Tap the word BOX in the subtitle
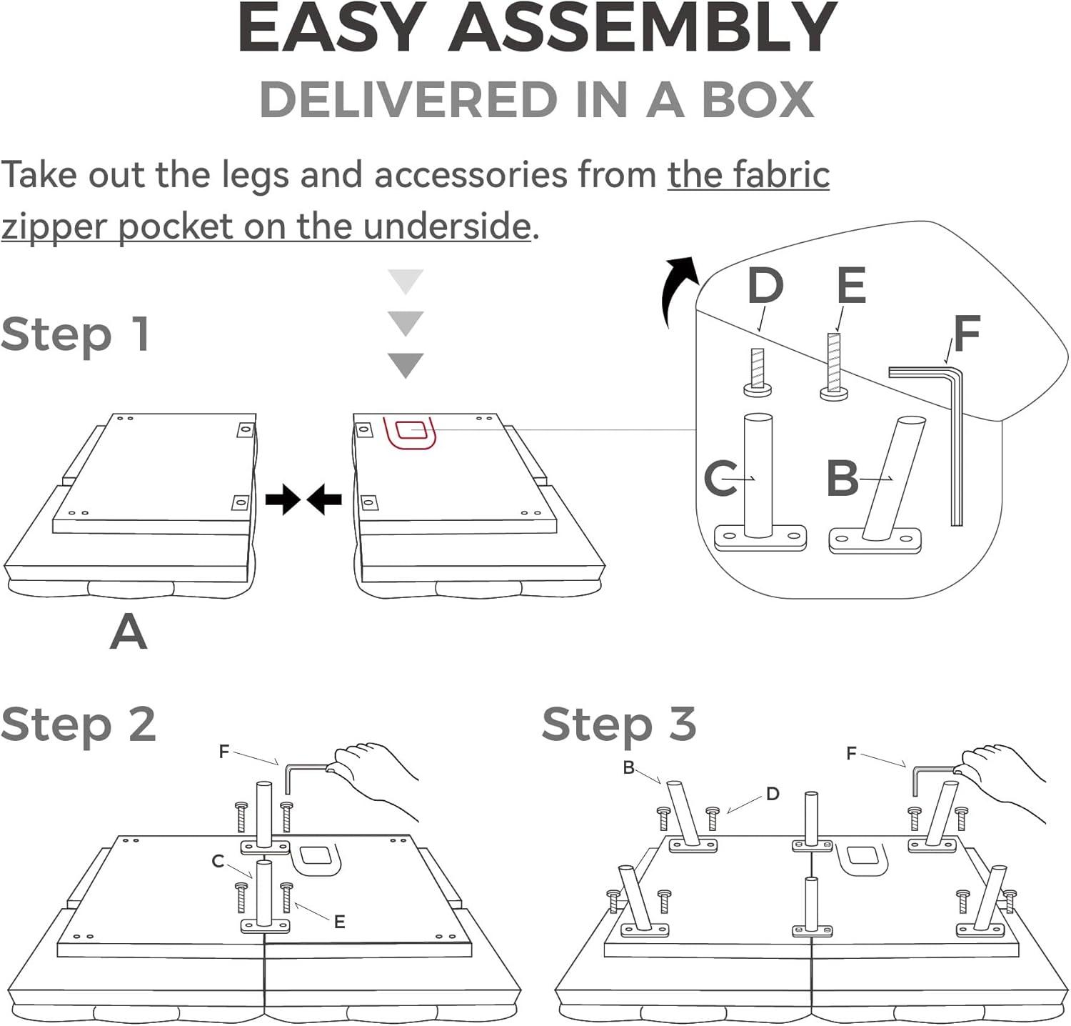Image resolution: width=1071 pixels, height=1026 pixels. click(758, 100)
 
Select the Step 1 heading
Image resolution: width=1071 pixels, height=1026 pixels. click(76, 334)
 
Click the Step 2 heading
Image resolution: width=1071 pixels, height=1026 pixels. click(79, 724)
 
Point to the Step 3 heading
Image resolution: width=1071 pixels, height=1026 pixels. click(619, 724)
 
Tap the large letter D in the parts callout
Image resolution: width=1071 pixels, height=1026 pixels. click(765, 286)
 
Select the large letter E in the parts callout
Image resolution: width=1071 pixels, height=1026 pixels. click(851, 286)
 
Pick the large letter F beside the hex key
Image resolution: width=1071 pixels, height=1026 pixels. click(967, 334)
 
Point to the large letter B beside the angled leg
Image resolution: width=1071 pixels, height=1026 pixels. click(843, 478)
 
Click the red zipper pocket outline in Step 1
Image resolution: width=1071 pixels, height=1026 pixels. click(410, 432)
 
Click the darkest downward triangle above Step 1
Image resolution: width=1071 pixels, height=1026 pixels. click(406, 364)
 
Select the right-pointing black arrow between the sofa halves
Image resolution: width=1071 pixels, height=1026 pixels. click(282, 499)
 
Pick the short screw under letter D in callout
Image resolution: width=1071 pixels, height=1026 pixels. click(758, 373)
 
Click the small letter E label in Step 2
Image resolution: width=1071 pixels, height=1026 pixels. click(340, 922)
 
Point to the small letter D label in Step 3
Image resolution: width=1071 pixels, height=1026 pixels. click(773, 794)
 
